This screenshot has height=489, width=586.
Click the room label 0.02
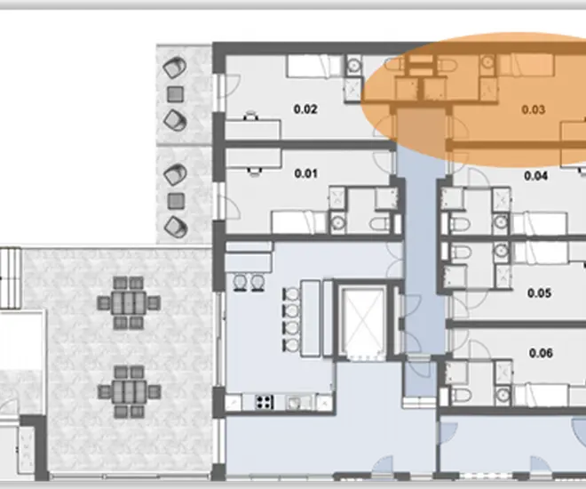coord(305,109)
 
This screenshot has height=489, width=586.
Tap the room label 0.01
coord(305,173)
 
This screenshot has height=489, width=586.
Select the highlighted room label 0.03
coord(534,109)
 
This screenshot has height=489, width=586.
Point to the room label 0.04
coord(536,175)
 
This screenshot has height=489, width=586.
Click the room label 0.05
coord(539,293)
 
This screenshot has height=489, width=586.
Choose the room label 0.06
coord(541,353)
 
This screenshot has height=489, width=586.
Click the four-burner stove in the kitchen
coord(265,403)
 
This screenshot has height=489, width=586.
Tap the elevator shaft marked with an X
coord(363,321)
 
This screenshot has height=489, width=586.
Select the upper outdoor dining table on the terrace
coord(129,303)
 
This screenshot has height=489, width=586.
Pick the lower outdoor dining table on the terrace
coord(129,392)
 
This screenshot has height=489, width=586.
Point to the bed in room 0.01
coord(299,222)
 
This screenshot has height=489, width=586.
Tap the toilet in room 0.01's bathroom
coord(380,224)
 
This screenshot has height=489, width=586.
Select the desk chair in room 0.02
coord(251,116)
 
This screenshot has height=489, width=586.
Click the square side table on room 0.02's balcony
coord(175,94)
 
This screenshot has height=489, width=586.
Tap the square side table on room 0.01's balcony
coord(175,201)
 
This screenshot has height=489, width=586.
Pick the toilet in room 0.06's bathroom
coord(461,395)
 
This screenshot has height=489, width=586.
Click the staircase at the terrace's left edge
coord(10,278)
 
